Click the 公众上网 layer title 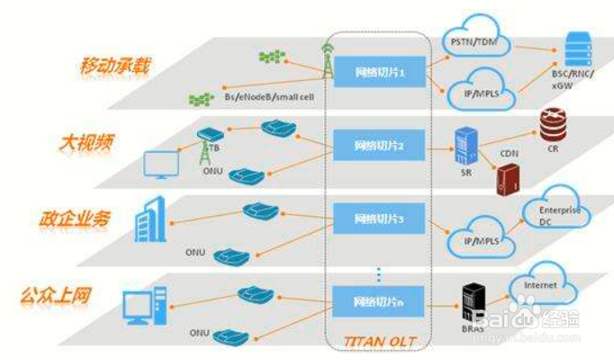coord(57,294)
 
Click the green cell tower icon coord(326,58)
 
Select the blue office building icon coord(148,219)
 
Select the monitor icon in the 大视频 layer coord(163,165)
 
